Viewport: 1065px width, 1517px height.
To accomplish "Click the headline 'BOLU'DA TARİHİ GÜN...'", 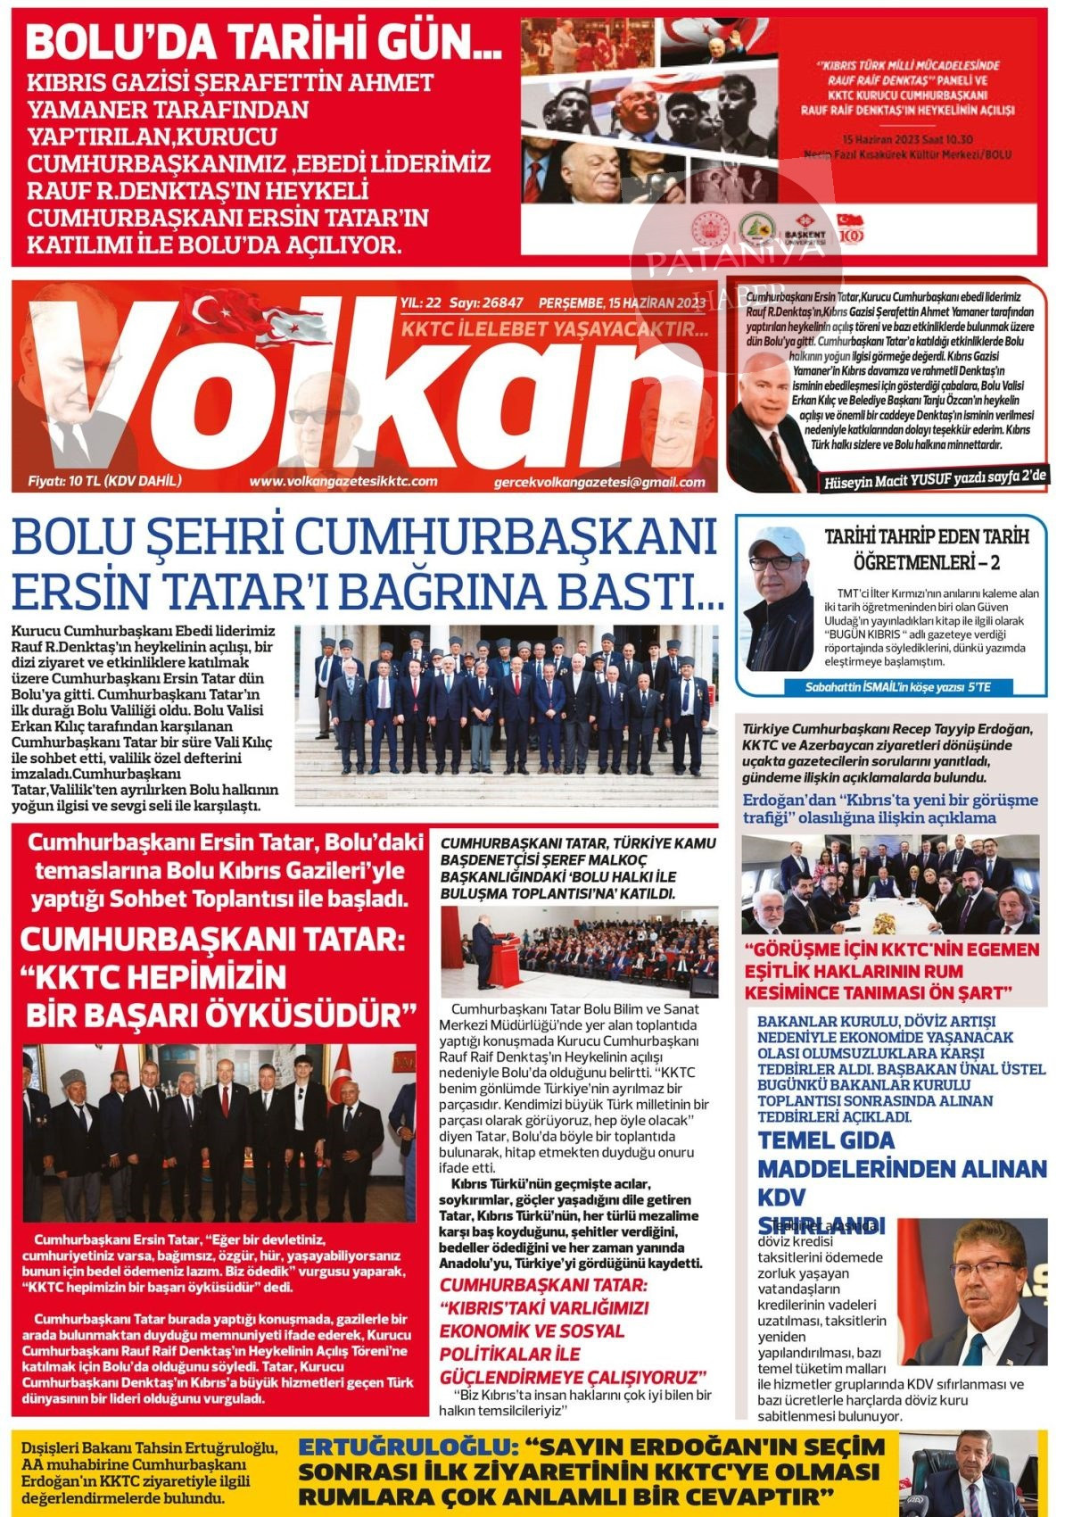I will click(x=263, y=42).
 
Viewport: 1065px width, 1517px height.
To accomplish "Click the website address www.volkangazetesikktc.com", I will click(x=343, y=482).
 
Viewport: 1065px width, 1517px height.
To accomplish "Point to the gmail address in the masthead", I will click(x=599, y=483).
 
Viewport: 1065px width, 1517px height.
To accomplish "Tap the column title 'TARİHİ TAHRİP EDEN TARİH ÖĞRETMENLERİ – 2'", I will click(x=926, y=550).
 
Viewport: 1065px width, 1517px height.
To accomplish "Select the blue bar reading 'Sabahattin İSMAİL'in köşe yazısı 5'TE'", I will click(x=897, y=687).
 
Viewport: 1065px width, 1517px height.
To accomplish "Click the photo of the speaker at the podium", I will click(x=579, y=952).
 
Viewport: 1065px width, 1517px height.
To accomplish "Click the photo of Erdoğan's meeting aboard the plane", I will click(x=890, y=884).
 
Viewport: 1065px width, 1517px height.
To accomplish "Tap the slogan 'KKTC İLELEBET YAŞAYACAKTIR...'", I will click(x=555, y=329).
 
